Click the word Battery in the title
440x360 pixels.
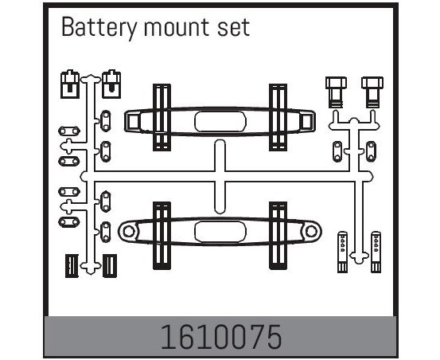(x=99, y=28)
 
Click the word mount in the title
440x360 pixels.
(x=177, y=28)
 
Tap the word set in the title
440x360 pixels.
(x=233, y=28)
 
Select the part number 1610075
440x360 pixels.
(x=220, y=337)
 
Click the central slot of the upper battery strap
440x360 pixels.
(x=220, y=122)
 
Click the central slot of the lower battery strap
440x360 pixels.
(x=220, y=232)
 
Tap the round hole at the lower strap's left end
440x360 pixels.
(x=129, y=232)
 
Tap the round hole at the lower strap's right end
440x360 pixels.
(x=311, y=232)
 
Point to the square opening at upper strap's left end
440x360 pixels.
(x=132, y=121)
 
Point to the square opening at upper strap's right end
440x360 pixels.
(x=306, y=121)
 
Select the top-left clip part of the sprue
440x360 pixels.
(x=70, y=84)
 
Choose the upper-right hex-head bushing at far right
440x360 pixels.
(x=372, y=92)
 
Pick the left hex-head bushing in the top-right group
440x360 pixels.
(x=337, y=92)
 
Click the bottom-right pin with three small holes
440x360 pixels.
(x=376, y=252)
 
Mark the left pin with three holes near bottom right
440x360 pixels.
(x=342, y=252)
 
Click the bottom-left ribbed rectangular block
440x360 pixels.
(x=72, y=266)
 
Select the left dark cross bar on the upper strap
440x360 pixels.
(x=162, y=117)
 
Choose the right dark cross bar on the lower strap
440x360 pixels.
(x=278, y=235)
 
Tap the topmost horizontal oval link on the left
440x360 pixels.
(x=69, y=131)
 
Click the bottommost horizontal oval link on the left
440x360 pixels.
(x=69, y=222)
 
